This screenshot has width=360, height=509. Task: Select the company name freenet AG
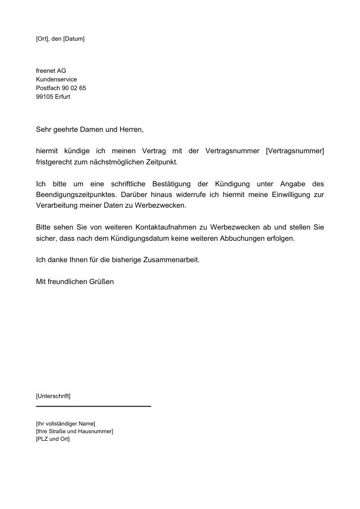point(51,71)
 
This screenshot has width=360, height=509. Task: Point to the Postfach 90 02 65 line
point(61,88)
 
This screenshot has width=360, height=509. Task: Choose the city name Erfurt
point(63,97)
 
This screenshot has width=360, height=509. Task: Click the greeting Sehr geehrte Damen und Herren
point(90,130)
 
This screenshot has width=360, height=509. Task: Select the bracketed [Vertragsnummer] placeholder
point(295,151)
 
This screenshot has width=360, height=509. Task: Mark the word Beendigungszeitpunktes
point(75,195)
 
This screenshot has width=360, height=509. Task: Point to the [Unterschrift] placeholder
point(53,395)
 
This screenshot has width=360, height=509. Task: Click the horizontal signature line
point(94,406)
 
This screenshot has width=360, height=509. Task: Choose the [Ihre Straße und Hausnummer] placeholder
point(74,431)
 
